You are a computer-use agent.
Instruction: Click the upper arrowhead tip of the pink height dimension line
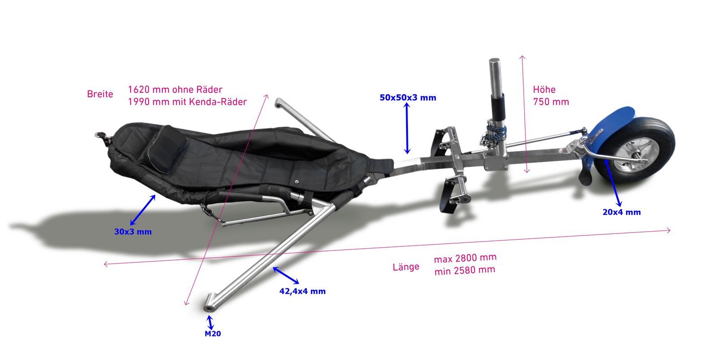522,56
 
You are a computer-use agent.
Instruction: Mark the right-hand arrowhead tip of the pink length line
670,230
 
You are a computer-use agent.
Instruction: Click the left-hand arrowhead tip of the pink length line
104,264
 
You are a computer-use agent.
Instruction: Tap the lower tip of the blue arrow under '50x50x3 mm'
407,154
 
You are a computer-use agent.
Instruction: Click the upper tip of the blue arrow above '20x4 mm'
604,159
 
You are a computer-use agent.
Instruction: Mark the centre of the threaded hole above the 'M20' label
209,309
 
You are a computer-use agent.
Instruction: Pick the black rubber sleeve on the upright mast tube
498,106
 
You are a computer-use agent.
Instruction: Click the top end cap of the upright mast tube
494,60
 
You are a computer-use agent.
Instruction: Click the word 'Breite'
100,94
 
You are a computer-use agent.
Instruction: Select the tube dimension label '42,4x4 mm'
302,291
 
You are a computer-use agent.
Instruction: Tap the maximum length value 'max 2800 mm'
465,258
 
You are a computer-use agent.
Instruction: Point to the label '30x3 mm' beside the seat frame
133,232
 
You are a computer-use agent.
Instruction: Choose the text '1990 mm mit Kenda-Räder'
188,102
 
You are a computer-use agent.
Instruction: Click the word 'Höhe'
544,89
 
